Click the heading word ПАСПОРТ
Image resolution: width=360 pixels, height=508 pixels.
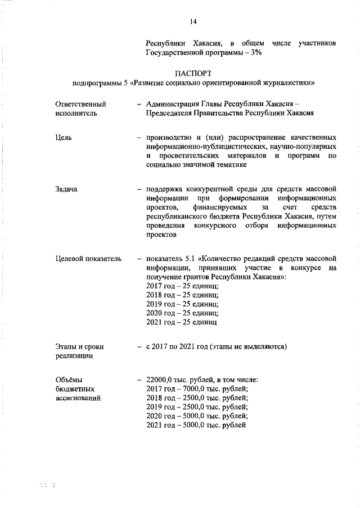click(x=193, y=74)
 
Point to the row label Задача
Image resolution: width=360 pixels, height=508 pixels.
click(x=66, y=189)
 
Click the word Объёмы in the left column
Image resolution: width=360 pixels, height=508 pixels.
click(x=70, y=379)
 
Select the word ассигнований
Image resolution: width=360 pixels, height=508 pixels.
click(x=78, y=398)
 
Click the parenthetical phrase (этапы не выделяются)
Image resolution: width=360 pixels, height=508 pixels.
click(x=248, y=346)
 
